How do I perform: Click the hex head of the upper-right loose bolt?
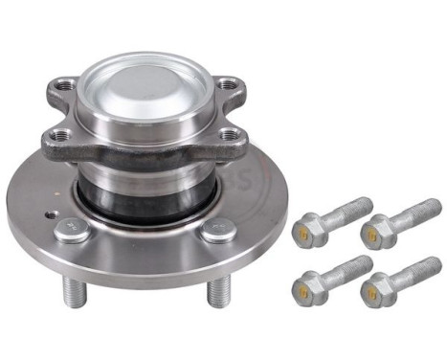click(x=376, y=231)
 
